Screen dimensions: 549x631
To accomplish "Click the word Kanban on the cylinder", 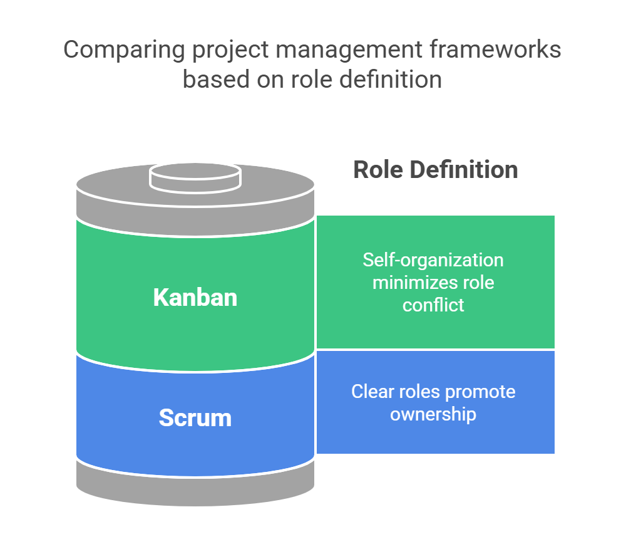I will click(195, 297).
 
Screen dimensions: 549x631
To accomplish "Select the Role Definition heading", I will click(435, 170).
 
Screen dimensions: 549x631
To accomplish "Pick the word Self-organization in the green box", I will click(433, 260).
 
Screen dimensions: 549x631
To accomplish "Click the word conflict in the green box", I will click(433, 305).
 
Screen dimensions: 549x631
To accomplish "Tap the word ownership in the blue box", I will click(433, 414).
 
